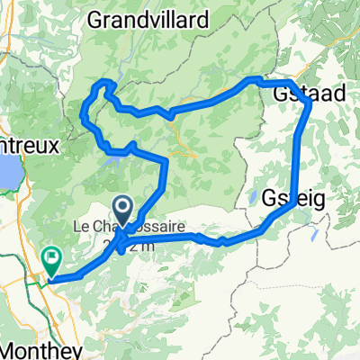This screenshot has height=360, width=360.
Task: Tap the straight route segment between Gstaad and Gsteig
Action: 299,153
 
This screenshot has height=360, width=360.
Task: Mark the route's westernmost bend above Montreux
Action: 84,115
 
